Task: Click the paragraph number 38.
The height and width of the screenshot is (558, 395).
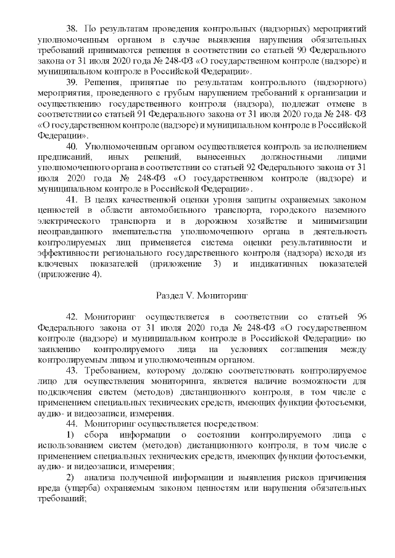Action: pyautogui.click(x=72, y=28)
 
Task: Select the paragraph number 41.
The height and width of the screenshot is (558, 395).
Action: pyautogui.click(x=72, y=200)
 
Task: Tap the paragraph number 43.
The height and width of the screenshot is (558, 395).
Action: pyautogui.click(x=72, y=371)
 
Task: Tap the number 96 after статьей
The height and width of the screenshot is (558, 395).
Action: pyautogui.click(x=362, y=317)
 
